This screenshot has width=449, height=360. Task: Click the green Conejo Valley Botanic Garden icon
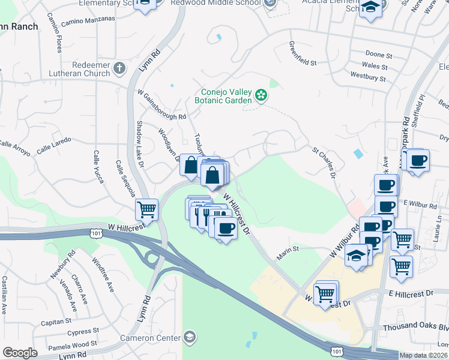tap(261, 95)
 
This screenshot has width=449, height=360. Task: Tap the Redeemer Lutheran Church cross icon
tap(119, 68)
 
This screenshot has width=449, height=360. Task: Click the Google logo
tap(20, 353)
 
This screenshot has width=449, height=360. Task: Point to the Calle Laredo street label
tap(53, 145)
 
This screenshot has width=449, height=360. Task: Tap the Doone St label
tap(378, 54)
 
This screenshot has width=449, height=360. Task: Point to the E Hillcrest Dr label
tap(411, 293)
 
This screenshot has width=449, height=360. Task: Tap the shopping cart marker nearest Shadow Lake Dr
tap(146, 209)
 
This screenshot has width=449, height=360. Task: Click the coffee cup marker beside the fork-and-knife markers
tap(226, 229)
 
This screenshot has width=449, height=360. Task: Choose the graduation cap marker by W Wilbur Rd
tap(356, 256)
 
